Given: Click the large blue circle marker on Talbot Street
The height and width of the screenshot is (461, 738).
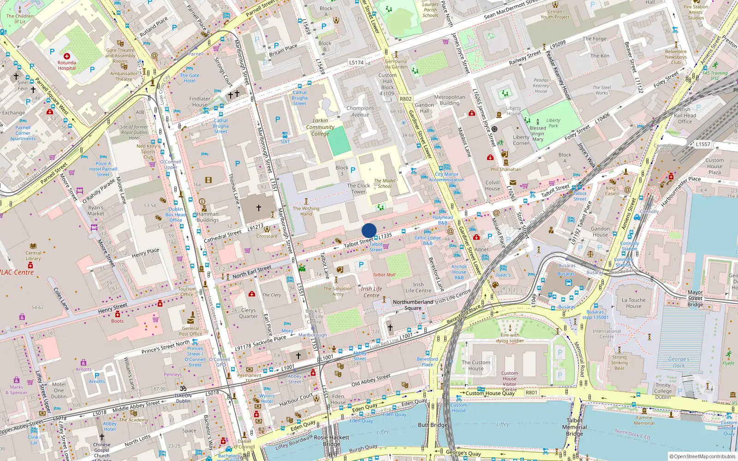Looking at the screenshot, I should [x=369, y=230].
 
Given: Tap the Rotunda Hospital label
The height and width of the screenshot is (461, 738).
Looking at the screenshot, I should [x=67, y=65].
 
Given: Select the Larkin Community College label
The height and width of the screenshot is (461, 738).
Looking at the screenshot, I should [x=320, y=127].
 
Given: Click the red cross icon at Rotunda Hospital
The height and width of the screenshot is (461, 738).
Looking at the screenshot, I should [x=67, y=56].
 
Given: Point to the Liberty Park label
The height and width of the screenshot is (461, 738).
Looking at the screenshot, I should [x=553, y=123].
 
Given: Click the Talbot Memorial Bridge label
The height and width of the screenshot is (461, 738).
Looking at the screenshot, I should [x=575, y=427].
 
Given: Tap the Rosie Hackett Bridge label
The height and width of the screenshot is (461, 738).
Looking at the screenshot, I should [x=331, y=441].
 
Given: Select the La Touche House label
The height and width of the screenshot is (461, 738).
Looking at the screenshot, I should [x=633, y=303].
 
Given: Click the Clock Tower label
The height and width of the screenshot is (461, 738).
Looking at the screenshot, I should [x=358, y=189].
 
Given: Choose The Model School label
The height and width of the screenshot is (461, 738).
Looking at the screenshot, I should [x=385, y=183].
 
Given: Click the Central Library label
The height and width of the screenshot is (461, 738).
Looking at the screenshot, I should [x=33, y=255].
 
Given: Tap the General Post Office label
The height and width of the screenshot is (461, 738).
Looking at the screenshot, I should [x=190, y=331].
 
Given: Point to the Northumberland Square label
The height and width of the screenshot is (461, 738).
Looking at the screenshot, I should [x=413, y=305].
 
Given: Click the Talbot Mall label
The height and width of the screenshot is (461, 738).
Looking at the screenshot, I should [x=384, y=275].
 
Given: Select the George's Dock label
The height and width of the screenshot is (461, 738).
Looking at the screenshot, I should [x=678, y=362].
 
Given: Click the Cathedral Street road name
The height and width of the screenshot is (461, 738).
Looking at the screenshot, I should [x=222, y=236].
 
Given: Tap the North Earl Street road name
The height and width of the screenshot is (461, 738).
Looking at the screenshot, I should [x=251, y=272].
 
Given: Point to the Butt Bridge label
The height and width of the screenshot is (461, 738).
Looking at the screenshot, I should [x=432, y=425].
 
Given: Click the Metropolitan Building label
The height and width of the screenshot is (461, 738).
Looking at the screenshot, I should [x=449, y=100].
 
